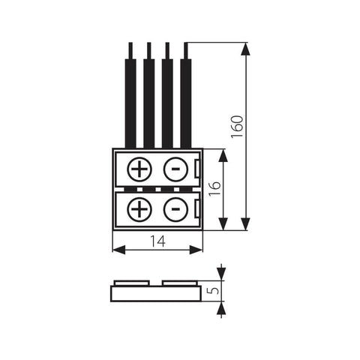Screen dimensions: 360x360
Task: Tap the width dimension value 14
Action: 156,241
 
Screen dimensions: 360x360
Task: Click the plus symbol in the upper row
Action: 139,169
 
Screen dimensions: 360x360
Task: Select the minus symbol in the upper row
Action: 174,169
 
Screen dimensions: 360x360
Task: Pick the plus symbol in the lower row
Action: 139,208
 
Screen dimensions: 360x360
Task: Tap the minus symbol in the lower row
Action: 174,208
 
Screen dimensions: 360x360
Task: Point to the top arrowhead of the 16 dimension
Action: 223,154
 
